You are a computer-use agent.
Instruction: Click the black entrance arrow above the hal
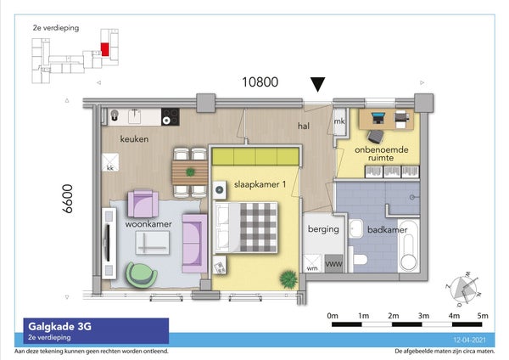pos(317,84)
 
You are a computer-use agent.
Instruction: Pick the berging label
pos(323,229)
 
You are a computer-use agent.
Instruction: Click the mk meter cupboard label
pos(340,122)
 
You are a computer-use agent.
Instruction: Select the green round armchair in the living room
pos(139,273)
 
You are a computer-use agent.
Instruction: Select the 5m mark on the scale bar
pos(483,314)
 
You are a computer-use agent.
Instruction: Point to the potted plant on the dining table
pos(190,172)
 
